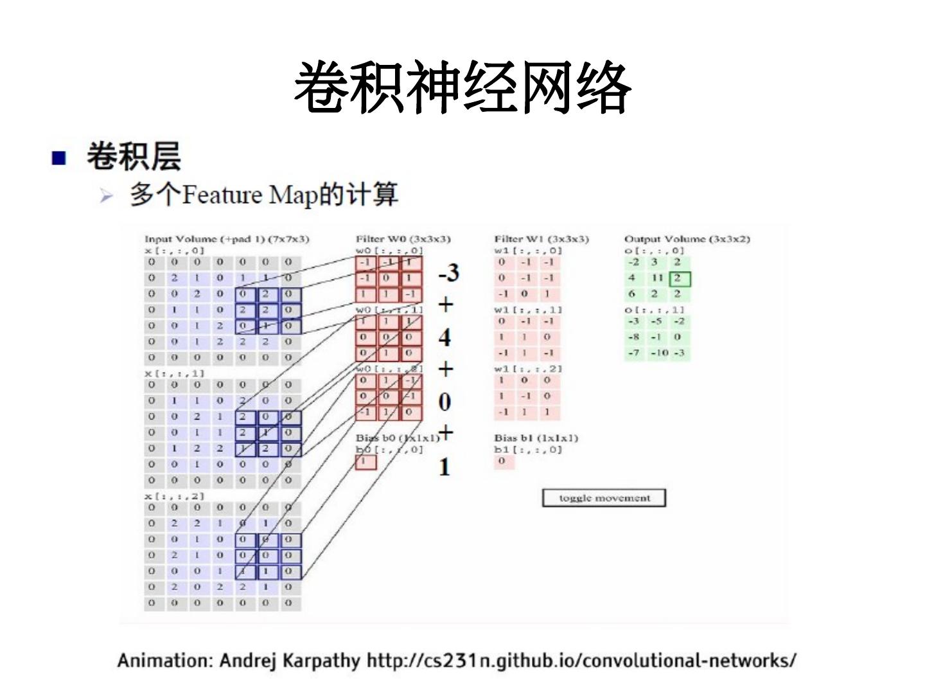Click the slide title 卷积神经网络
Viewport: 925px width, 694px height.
(x=463, y=88)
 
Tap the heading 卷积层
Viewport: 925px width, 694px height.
(x=134, y=157)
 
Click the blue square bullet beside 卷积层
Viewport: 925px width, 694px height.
(x=58, y=157)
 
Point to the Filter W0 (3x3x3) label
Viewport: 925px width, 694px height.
(x=403, y=239)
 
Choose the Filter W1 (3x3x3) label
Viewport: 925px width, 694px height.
(x=541, y=239)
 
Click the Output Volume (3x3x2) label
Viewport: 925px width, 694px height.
(x=687, y=239)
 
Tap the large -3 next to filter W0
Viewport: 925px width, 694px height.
(x=448, y=273)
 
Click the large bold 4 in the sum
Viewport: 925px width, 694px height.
(x=445, y=337)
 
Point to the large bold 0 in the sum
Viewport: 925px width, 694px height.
(x=445, y=402)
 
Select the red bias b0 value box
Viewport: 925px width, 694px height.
(x=366, y=461)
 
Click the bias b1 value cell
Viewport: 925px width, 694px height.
(x=504, y=461)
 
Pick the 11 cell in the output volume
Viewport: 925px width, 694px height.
(x=656, y=278)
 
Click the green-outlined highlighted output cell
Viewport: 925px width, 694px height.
(x=679, y=279)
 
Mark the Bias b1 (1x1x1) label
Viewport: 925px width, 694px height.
(x=536, y=438)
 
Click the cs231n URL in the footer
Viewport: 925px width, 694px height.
(x=581, y=661)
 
